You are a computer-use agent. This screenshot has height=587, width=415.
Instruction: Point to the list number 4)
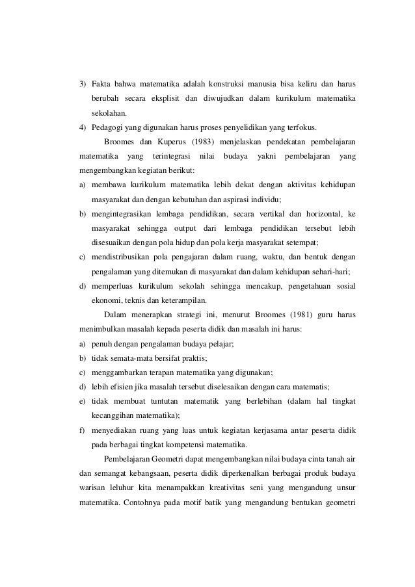(83, 127)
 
